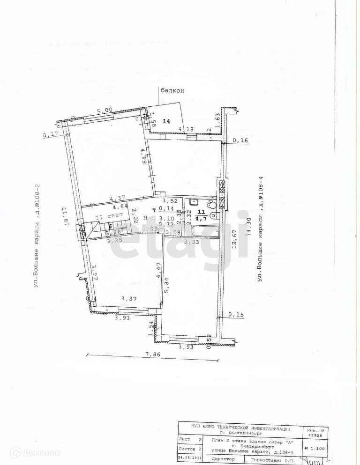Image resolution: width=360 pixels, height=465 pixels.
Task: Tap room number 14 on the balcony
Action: (166, 121)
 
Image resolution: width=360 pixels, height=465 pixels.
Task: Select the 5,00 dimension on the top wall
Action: (105, 111)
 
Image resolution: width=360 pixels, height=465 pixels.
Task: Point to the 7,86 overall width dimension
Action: (152, 354)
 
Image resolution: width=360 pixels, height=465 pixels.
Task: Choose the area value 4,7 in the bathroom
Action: (201, 218)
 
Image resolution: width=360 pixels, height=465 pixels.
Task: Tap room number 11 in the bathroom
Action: (201, 211)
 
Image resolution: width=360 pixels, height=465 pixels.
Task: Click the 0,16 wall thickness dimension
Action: (240, 140)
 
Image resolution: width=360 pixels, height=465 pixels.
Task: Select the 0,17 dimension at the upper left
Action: (50, 135)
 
